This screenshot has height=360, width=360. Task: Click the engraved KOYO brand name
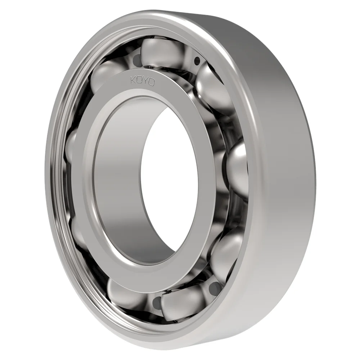tap(143, 81)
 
